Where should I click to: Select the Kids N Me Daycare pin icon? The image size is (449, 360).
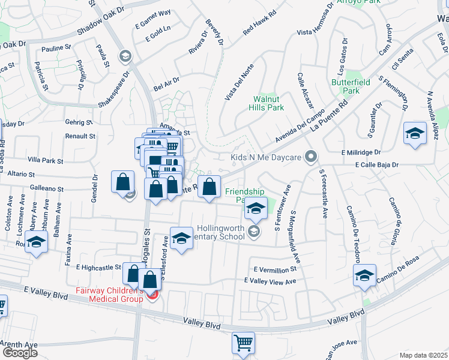pos(310,158)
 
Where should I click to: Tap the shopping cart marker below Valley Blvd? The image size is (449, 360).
pos(243,344)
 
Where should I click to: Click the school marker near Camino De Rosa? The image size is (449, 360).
pos(364,276)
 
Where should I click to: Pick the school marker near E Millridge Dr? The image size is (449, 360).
pos(415,133)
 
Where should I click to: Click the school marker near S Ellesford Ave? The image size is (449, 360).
pos(181,239)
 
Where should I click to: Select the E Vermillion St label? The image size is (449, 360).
pos(275,270)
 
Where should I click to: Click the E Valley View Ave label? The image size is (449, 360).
pos(270,281)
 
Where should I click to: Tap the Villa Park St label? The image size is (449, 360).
pos(46,161)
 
